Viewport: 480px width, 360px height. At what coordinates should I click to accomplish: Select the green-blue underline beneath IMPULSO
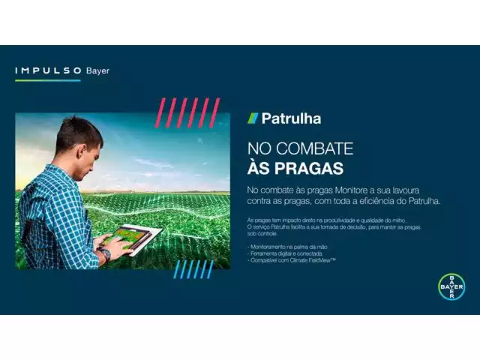(x=47, y=80)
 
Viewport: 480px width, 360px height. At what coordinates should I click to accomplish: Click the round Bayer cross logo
(x=451, y=287)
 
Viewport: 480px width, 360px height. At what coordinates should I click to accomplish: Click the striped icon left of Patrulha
(x=253, y=118)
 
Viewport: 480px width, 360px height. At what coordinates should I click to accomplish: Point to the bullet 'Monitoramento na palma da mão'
(x=288, y=247)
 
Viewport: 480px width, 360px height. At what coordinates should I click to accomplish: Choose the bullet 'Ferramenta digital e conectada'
(x=286, y=253)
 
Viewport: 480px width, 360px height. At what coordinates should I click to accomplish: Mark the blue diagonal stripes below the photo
(x=193, y=269)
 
